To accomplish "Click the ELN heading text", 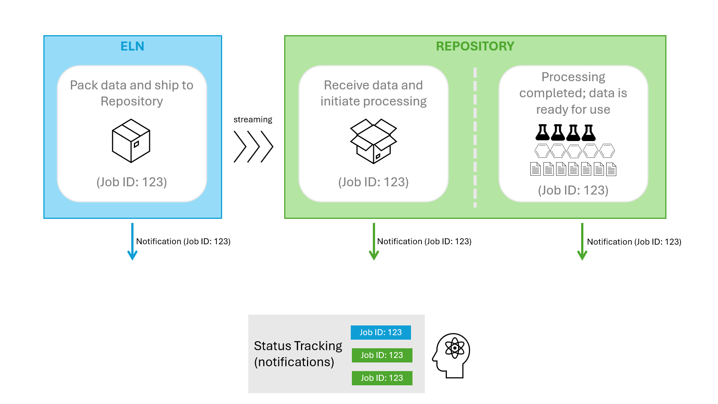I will click(132, 46).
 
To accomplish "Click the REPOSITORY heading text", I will click(475, 46).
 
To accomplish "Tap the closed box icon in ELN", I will click(131, 141).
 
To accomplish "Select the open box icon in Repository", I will click(373, 141).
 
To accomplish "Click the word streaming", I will click(253, 119).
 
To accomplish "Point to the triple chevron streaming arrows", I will click(253, 147).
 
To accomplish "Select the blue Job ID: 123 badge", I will click(381, 332).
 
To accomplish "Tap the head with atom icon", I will click(451, 355).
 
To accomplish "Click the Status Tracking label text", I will click(298, 353).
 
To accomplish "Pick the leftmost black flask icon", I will click(542, 132).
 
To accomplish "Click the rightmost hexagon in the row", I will click(607, 151).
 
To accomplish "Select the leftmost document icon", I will click(536, 169).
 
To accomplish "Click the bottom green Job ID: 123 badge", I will click(382, 378).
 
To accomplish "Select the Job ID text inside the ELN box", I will click(132, 182).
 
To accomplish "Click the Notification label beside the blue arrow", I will click(183, 241).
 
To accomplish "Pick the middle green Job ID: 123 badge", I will click(382, 355).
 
